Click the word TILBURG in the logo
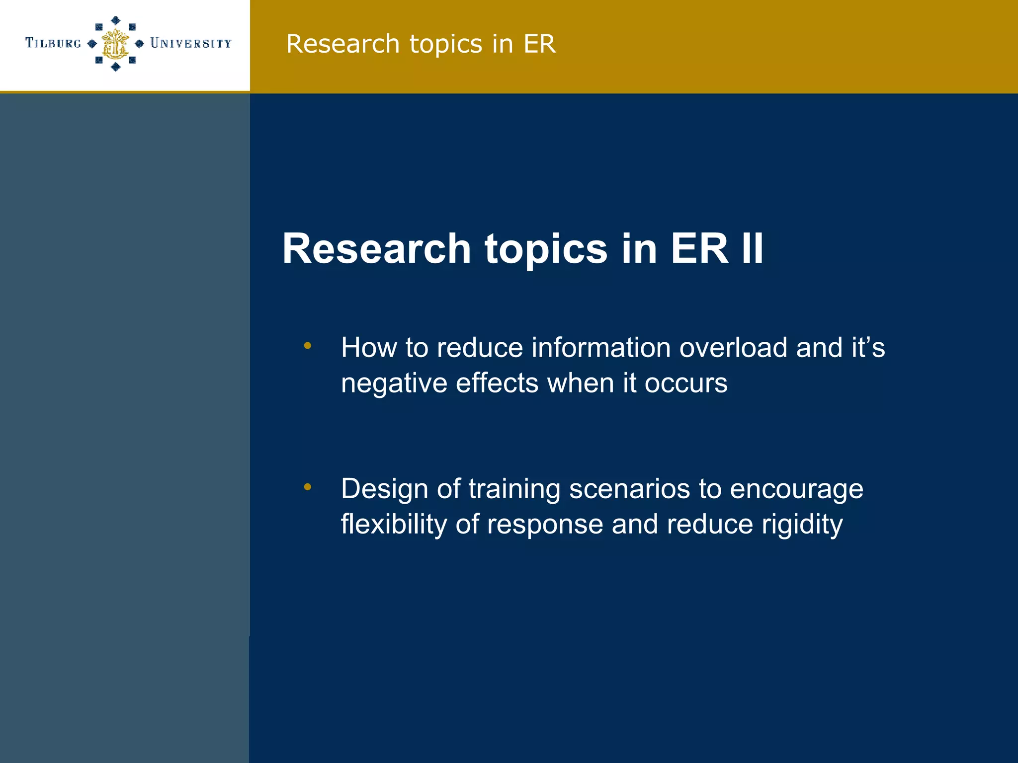(53, 43)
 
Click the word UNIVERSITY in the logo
(191, 43)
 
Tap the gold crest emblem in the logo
(115, 44)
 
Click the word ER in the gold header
(539, 44)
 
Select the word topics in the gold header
(445, 45)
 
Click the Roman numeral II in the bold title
(752, 248)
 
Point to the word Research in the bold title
(376, 248)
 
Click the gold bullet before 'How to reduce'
(308, 345)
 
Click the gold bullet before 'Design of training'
(308, 487)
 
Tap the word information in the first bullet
(601, 347)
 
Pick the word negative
(394, 383)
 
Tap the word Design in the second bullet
(384, 489)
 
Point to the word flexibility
(394, 525)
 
